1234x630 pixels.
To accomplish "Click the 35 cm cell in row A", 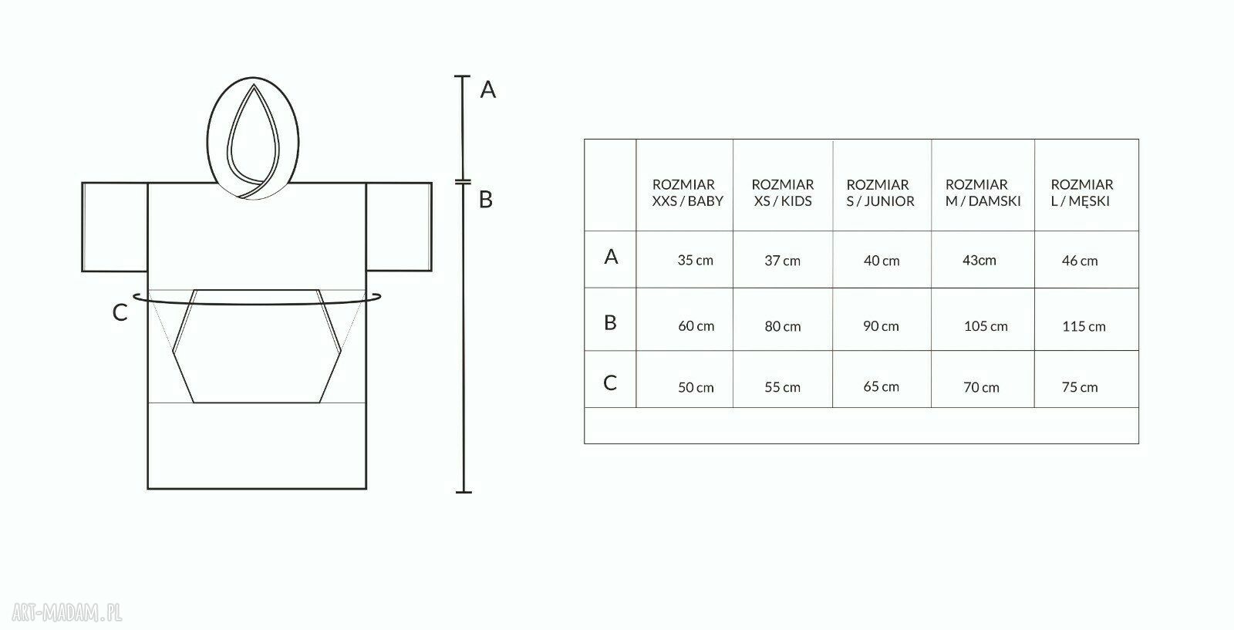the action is pyautogui.click(x=695, y=261).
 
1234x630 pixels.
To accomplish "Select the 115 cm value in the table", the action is pyautogui.click(x=1084, y=326).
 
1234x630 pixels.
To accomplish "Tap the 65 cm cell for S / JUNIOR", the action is pyautogui.click(x=881, y=386).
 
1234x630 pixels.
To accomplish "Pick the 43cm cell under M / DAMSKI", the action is pyautogui.click(x=979, y=261).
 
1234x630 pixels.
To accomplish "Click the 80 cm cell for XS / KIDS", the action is pyautogui.click(x=782, y=326).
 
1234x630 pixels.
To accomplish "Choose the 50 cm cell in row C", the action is pyautogui.click(x=696, y=388).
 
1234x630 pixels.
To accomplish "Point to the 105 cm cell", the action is pyautogui.click(x=986, y=326).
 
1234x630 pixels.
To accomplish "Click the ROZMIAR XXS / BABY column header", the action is pyautogui.click(x=687, y=193).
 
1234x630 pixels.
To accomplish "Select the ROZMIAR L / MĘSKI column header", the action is pyautogui.click(x=1081, y=193).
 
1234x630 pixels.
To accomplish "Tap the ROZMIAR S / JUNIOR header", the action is pyautogui.click(x=880, y=193).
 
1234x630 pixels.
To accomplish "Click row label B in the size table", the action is pyautogui.click(x=610, y=322).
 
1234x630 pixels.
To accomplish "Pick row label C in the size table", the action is pyautogui.click(x=610, y=382).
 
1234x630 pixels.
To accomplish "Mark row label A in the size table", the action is pyautogui.click(x=611, y=257).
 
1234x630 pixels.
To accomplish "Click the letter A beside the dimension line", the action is pyautogui.click(x=488, y=89).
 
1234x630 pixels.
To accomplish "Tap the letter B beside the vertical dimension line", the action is pyautogui.click(x=485, y=200).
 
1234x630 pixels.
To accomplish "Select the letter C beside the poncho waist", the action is pyautogui.click(x=120, y=313).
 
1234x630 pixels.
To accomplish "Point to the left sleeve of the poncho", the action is pyautogui.click(x=115, y=227).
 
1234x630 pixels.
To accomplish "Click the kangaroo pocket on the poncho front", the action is pyautogui.click(x=257, y=346).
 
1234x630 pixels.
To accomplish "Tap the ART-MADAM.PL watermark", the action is pyautogui.click(x=66, y=612).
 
